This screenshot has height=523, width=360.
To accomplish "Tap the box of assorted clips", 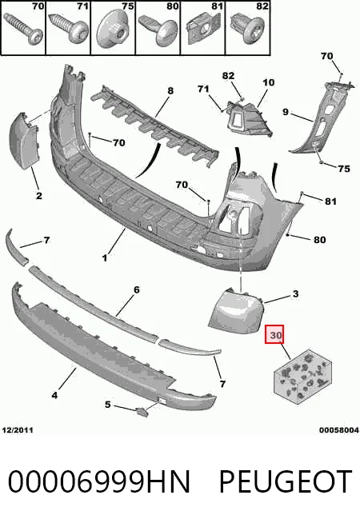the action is (x=302, y=377).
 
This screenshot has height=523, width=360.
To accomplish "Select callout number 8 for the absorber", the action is (x=170, y=90).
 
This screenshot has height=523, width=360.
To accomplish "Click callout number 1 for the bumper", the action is (x=105, y=258).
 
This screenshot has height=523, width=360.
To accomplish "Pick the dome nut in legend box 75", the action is (x=113, y=30).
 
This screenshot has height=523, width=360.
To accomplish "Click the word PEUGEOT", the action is (x=286, y=481).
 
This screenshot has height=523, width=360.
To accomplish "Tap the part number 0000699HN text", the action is (x=98, y=481).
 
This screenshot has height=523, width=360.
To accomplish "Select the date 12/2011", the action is (x=18, y=430).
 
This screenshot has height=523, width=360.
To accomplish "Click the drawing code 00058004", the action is (x=339, y=430).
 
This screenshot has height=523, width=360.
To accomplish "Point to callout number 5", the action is (x=107, y=405).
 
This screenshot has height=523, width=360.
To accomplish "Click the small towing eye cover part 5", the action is (x=142, y=412).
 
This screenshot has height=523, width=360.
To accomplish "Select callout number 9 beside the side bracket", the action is (x=286, y=111).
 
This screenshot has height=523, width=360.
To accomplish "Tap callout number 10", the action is (x=268, y=82).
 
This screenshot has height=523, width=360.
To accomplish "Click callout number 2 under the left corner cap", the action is (x=39, y=195).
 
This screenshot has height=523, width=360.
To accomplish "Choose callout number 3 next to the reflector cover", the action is (x=295, y=293).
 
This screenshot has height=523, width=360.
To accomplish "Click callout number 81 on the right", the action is (x=330, y=202).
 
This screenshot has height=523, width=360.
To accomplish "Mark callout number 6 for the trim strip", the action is (x=137, y=289).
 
